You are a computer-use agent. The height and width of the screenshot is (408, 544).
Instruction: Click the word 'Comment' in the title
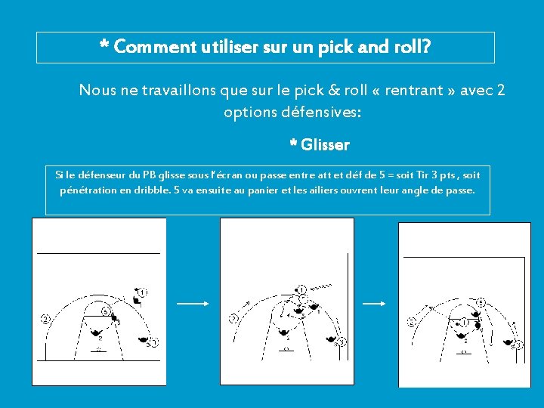[x=155, y=47]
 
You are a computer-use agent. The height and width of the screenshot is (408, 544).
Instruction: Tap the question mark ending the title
[x=426, y=46]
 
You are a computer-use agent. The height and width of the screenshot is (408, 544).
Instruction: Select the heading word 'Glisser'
[x=325, y=144]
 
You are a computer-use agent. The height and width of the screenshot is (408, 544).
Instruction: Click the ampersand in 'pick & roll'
[x=334, y=90]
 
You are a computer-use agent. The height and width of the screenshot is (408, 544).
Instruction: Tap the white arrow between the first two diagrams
[x=193, y=304]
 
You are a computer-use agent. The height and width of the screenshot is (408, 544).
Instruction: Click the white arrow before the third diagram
[x=374, y=304]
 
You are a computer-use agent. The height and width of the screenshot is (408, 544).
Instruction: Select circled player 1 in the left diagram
[x=143, y=292]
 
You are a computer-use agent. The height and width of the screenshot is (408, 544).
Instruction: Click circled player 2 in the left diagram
[x=45, y=319]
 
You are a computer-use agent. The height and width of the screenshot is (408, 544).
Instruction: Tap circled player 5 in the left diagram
[x=107, y=311]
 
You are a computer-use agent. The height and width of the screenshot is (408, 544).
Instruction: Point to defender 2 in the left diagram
[x=96, y=333]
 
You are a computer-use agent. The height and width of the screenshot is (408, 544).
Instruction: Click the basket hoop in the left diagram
[x=98, y=349]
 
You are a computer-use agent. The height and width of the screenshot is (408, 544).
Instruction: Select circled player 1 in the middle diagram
[x=301, y=290]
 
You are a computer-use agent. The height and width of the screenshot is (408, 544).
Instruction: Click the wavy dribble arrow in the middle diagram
[x=321, y=287]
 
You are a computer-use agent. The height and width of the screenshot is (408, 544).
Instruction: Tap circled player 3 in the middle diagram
[x=342, y=342]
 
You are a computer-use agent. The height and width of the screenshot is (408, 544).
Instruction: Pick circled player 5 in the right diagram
[x=481, y=302]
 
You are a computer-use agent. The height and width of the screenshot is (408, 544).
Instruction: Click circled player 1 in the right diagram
[x=464, y=323]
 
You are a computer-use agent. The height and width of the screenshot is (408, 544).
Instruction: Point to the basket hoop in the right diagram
[x=464, y=352]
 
